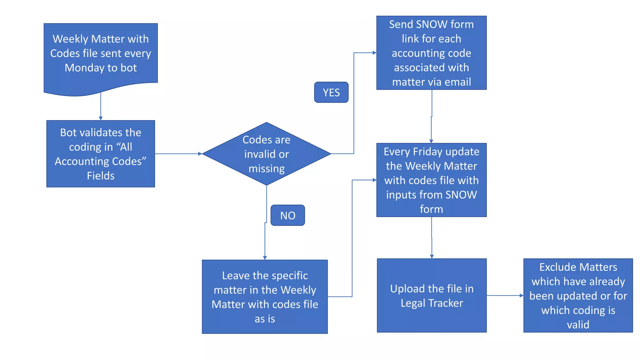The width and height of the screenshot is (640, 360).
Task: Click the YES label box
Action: pyautogui.click(x=331, y=92)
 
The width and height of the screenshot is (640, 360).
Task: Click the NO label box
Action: pyautogui.click(x=287, y=215)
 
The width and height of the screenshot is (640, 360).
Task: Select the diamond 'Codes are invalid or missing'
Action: pyautogui.click(x=266, y=154)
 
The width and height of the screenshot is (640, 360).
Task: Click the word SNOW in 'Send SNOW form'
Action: pyautogui.click(x=431, y=24)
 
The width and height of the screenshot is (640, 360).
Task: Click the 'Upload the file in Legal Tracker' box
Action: pyautogui.click(x=432, y=295)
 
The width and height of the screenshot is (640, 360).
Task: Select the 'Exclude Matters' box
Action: pyautogui.click(x=578, y=295)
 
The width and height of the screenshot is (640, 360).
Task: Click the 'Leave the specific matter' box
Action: pyautogui.click(x=265, y=297)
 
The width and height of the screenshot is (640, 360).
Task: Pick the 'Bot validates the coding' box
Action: pyautogui.click(x=101, y=154)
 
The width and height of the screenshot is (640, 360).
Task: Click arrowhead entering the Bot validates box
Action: pyautogui.click(x=101, y=118)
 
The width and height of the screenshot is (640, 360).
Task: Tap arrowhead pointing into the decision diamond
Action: pyautogui.click(x=200, y=154)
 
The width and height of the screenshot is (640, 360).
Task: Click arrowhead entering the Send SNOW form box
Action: pyautogui.click(x=374, y=53)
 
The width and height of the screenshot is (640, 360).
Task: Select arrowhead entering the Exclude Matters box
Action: pyautogui.click(x=521, y=295)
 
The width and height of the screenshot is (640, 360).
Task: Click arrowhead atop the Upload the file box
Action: pyautogui.click(x=432, y=257)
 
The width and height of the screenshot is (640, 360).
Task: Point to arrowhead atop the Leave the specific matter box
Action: pyautogui.click(x=265, y=258)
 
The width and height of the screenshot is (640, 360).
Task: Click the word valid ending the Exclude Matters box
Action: pyautogui.click(x=578, y=325)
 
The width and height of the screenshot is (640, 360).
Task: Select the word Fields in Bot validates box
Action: pyautogui.click(x=101, y=176)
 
